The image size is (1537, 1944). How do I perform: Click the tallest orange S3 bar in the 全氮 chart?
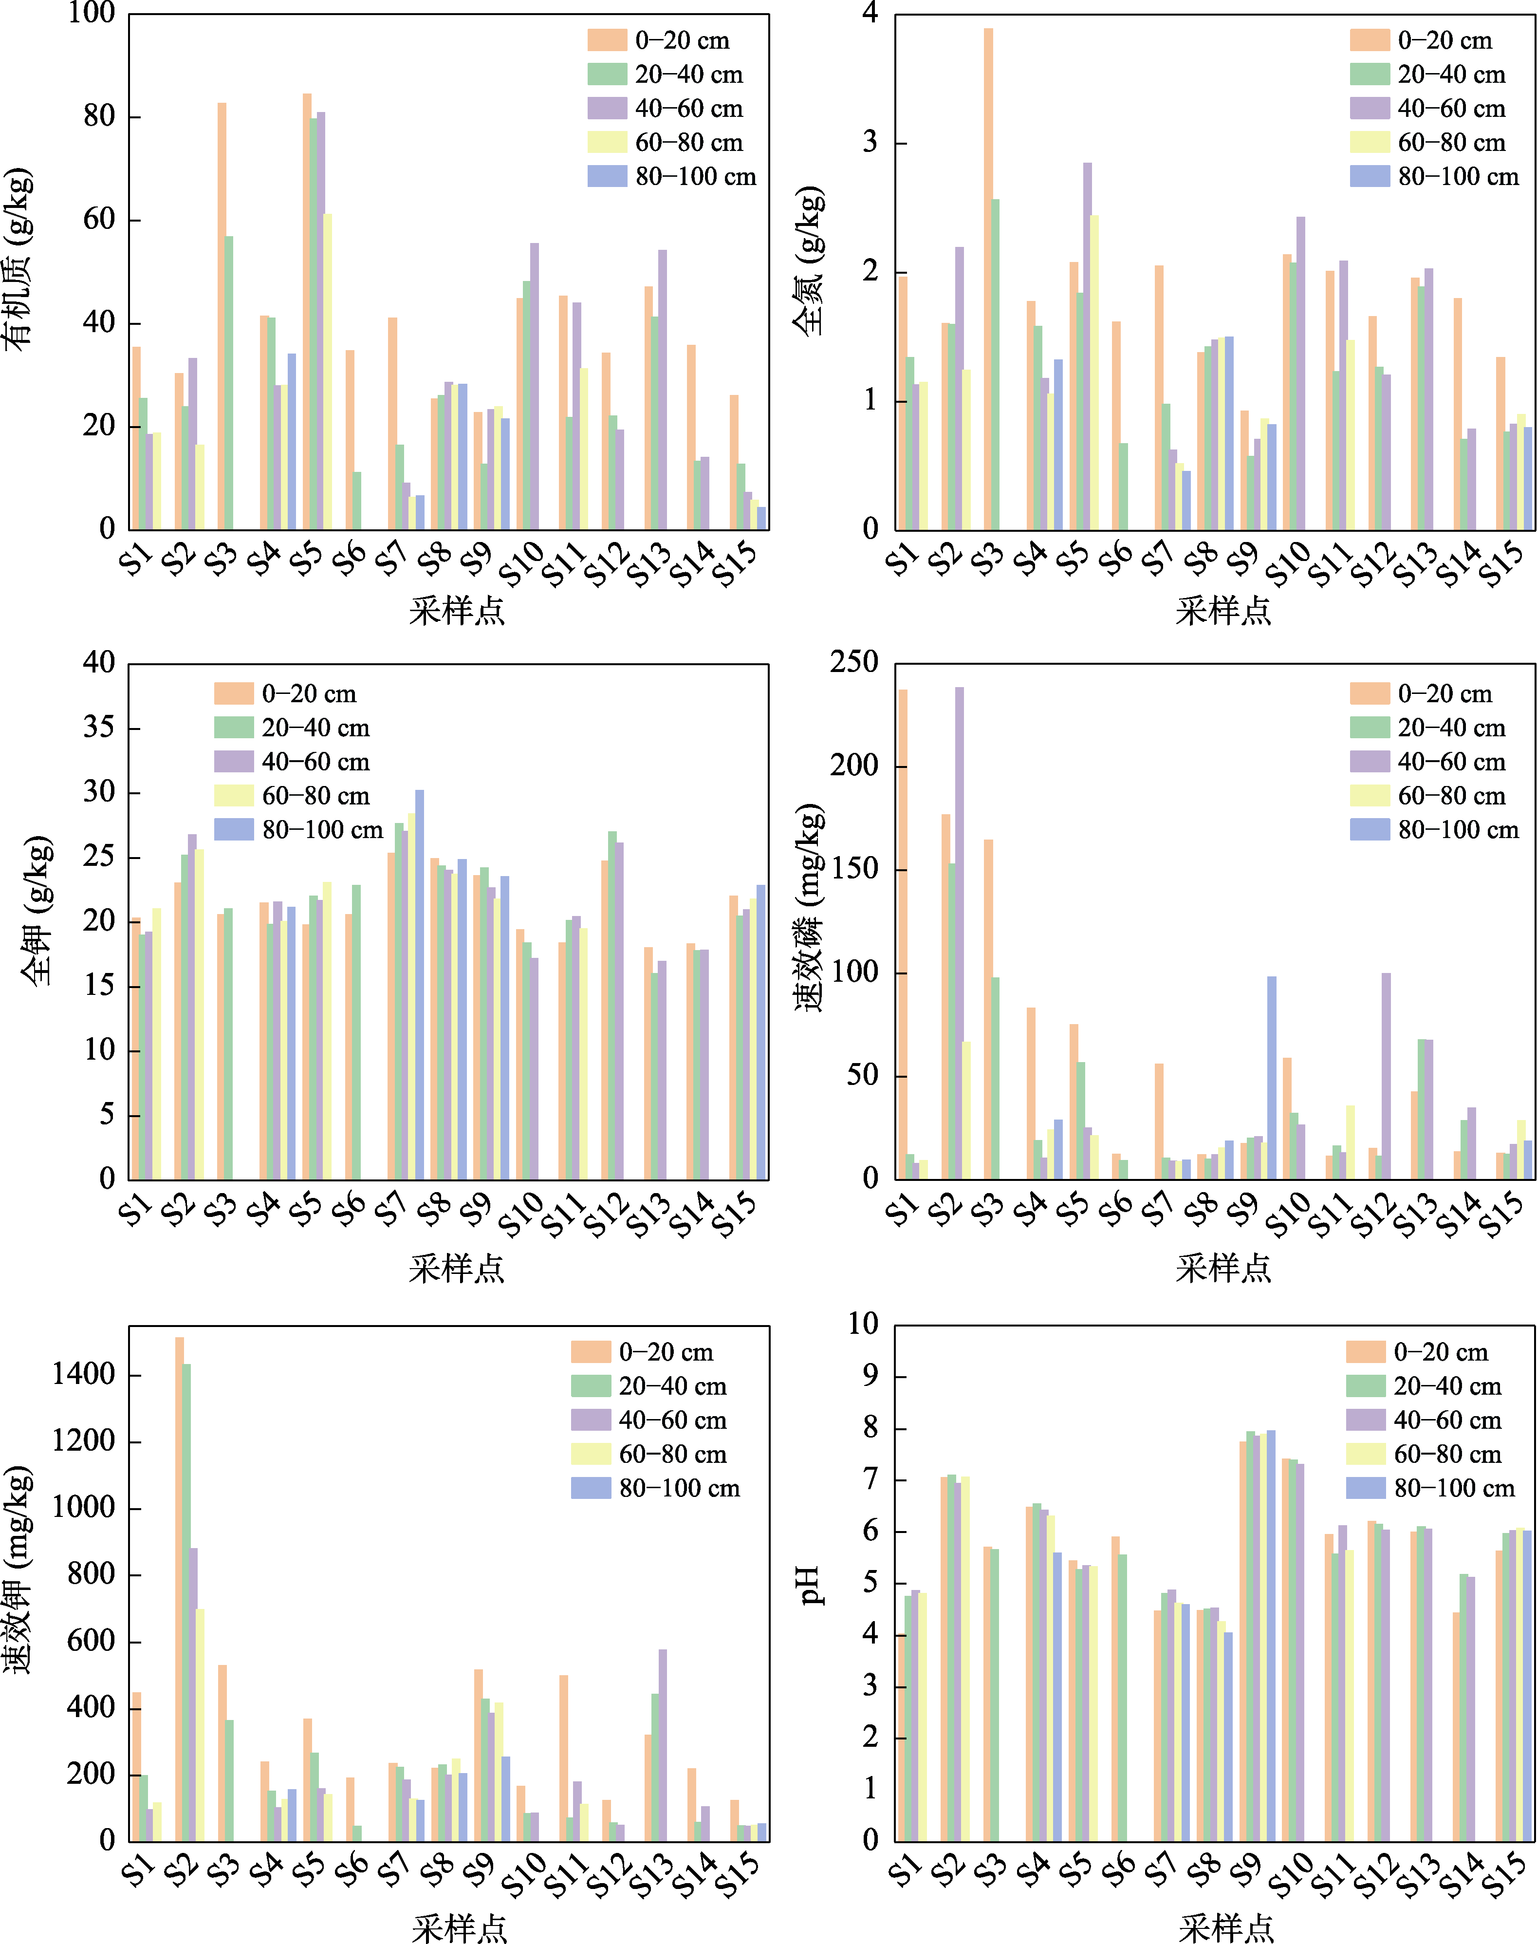point(988,279)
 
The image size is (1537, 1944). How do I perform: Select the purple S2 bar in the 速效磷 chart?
point(959,934)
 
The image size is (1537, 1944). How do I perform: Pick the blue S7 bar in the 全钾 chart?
point(419,985)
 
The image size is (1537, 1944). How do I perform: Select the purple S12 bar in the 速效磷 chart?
point(1386,1076)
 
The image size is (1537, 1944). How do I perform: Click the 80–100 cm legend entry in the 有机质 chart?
point(672,176)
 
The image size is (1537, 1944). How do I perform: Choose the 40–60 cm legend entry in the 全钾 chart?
point(293,762)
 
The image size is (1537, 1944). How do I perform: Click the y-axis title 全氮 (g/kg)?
point(809,261)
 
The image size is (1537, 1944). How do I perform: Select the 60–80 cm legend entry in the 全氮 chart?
point(1434,142)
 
